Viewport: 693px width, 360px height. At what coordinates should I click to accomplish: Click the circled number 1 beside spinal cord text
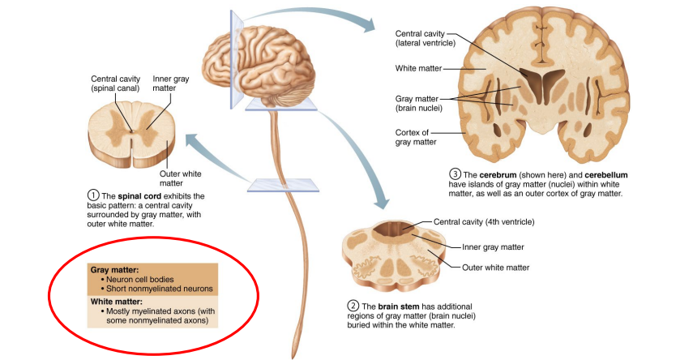93,196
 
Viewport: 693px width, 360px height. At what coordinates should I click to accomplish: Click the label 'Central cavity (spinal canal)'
115,84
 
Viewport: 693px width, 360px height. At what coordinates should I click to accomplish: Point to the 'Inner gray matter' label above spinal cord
170,84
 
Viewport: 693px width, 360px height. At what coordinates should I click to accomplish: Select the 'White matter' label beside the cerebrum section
417,68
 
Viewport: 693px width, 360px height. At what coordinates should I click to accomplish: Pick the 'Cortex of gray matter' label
416,137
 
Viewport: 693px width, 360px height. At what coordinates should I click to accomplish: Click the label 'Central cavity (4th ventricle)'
485,221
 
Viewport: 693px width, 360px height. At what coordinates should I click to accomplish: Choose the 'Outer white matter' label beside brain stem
496,267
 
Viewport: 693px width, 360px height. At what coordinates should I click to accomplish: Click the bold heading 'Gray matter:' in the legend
115,268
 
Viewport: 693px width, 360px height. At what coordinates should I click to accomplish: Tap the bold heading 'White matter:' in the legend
117,301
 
